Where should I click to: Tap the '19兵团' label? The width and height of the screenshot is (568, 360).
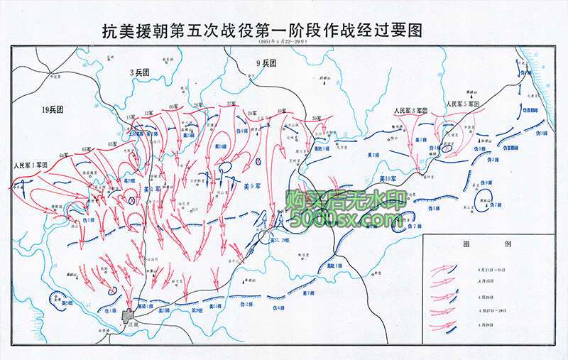pos(53,109)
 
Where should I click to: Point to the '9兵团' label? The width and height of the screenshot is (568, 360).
pos(266,63)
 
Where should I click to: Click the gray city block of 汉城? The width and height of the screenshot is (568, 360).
pos(129,315)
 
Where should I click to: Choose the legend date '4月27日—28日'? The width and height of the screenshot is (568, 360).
pos(488,310)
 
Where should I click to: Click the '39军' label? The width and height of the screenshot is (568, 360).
pos(317,117)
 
